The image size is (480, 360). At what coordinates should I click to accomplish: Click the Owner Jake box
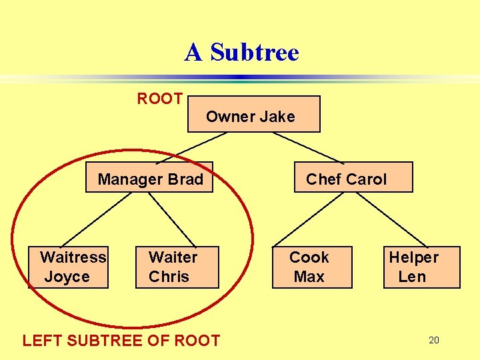254,114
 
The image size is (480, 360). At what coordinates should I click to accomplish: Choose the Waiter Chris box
177,267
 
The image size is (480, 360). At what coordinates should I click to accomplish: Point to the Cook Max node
311,267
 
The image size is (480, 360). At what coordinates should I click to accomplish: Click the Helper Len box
421,267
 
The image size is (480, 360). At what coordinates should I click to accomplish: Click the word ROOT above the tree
160,99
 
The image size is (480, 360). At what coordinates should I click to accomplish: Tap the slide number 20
434,341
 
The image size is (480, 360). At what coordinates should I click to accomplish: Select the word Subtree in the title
255,52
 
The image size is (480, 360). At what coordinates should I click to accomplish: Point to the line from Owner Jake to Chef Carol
309,147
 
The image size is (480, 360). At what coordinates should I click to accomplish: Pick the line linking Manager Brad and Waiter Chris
171,219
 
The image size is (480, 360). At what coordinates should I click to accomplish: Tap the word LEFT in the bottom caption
41,341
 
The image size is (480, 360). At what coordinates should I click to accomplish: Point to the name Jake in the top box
277,117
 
